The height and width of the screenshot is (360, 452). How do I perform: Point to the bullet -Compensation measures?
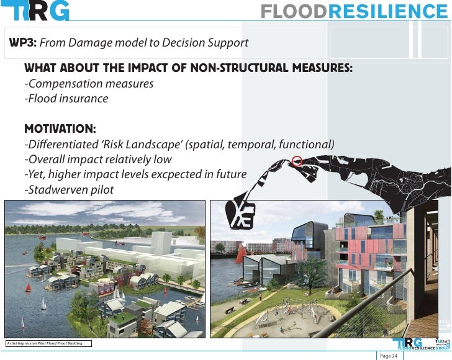pos(88,83)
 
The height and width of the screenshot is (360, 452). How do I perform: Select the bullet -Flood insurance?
pos(66,98)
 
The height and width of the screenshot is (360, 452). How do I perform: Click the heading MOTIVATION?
pos(60,129)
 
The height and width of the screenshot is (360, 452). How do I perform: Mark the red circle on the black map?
pos(297,160)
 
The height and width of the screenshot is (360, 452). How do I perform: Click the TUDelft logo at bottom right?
pos(442,343)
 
